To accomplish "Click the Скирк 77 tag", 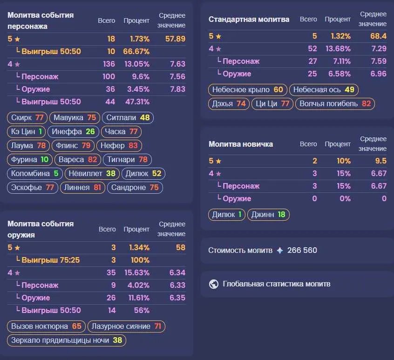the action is pos(27,117).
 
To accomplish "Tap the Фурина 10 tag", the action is pos(30,160).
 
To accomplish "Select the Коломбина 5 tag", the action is pos(34,174).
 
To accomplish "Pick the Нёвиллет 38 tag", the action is pos(92,174).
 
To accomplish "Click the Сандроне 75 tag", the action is pos(135,187).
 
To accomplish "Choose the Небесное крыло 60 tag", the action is pos(247,90).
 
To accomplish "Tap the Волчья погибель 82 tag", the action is pos(335,104).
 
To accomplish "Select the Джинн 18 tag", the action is pos(268,215).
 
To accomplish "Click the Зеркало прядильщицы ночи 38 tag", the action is pos(67,340).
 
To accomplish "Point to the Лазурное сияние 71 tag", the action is pos(126,326).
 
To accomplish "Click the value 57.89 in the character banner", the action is pos(175,39).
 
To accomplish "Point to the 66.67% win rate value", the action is pos(136,52).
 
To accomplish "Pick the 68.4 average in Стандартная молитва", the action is pos(378,36).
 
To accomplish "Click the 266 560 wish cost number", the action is pos(302,250).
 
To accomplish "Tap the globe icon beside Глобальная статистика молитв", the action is pos(214,284).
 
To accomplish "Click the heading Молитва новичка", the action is pos(241,144).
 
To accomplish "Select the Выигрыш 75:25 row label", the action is pos(50,260).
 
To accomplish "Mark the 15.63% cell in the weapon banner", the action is pos(137,272).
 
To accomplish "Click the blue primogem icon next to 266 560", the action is pos(280,251).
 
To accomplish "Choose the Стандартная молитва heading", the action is pos(249,20).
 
